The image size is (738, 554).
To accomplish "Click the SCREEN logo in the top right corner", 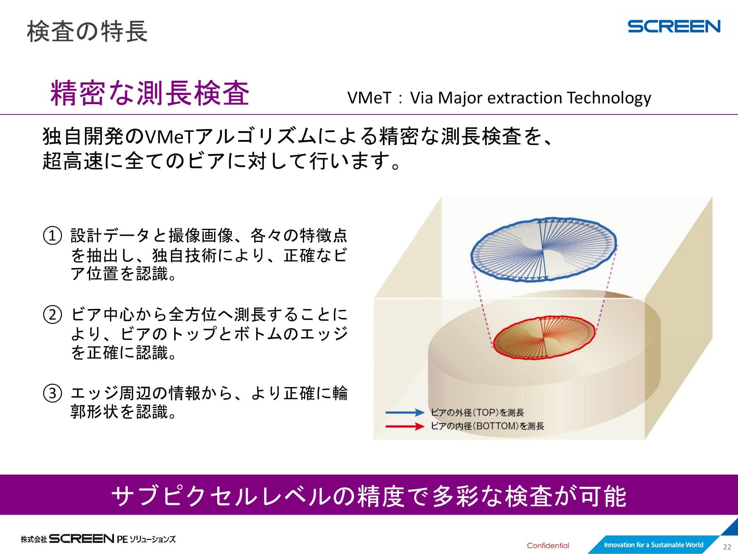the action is click(x=674, y=26).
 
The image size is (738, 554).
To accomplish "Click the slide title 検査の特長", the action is click(x=87, y=31).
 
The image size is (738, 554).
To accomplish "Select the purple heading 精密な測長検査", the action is click(x=150, y=93).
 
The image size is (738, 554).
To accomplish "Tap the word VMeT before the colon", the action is click(x=369, y=98).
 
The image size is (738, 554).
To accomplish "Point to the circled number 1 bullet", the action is click(x=52, y=236).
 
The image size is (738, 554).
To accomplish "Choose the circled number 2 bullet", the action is click(x=52, y=315).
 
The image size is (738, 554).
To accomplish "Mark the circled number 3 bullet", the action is click(x=52, y=393).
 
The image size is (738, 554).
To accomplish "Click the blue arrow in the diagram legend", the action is click(x=405, y=413).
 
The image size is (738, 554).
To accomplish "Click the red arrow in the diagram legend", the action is click(x=405, y=427).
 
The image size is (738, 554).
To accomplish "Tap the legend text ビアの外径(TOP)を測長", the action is click(x=477, y=413).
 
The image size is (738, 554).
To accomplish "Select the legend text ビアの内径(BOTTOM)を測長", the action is click(x=487, y=426).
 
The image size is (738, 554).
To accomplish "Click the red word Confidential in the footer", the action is click(x=548, y=546).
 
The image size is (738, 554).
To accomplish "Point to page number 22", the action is click(x=727, y=547).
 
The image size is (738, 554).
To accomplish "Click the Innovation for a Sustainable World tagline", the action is click(x=653, y=545).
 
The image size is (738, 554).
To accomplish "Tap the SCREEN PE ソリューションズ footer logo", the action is click(x=98, y=539).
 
